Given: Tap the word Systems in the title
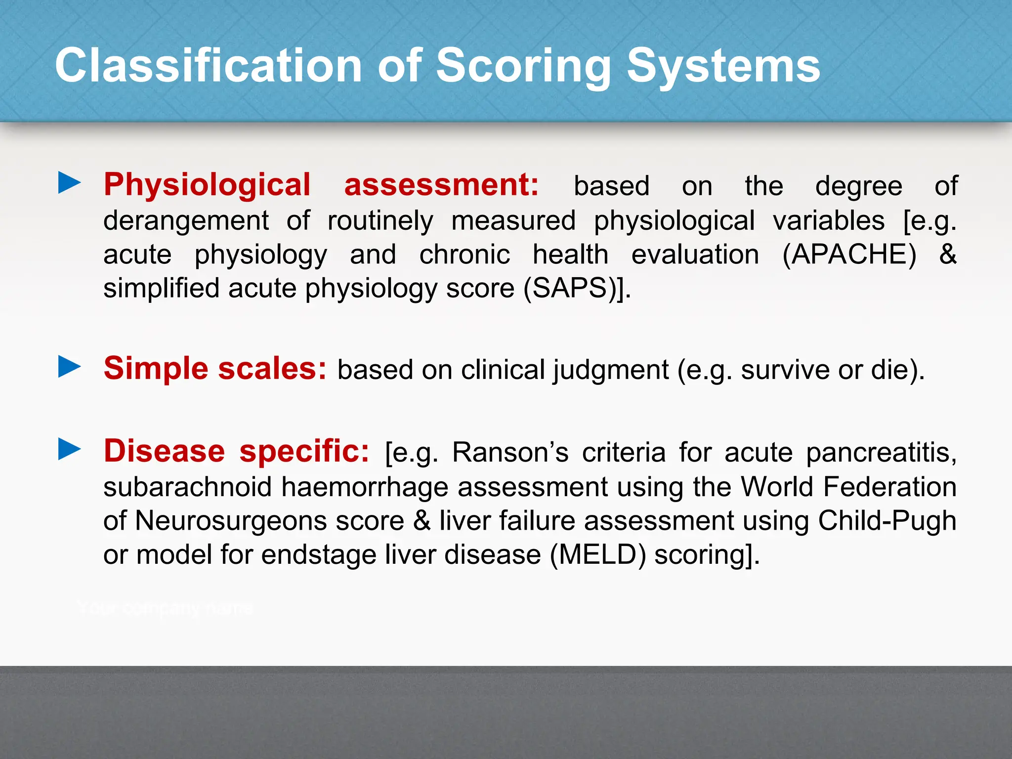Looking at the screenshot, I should pos(723,65).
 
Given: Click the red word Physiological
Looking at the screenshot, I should pos(207,185).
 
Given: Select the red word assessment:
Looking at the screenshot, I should pos(441,185).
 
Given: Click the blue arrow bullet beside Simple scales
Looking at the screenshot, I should pos(69,367).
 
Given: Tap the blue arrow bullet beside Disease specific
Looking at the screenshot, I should pos(69,450).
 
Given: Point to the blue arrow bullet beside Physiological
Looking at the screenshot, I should pos(69,183).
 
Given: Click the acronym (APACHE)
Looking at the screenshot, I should pos(849,255).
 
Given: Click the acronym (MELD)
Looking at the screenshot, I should pos(598,554).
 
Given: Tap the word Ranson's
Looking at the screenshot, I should pos(510,452).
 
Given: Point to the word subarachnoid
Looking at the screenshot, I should pos(188,487).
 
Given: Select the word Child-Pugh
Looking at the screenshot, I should pos(887,521).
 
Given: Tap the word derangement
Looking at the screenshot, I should pos(186,221).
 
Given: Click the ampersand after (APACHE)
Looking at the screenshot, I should pos(947,254).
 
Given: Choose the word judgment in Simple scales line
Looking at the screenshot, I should pos(610,370).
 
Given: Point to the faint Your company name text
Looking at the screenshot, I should pos(165,608).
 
